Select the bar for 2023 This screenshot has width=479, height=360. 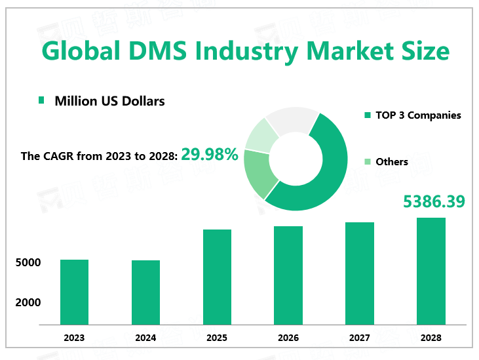[74, 292]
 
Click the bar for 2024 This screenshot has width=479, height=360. [145, 292]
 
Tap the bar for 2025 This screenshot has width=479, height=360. [217, 277]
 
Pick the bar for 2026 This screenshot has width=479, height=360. [288, 275]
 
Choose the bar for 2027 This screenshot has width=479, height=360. [360, 273]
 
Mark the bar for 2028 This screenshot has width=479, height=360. [431, 271]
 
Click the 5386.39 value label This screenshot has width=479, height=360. [434, 201]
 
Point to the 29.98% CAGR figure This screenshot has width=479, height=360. [210, 155]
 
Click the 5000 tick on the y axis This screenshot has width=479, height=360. [29, 263]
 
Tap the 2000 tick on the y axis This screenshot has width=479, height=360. [29, 302]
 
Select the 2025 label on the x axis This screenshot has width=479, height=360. [217, 338]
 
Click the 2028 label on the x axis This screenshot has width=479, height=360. [431, 338]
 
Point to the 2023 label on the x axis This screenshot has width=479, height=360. [74, 338]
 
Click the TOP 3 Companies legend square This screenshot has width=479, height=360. [368, 116]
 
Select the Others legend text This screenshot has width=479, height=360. [392, 162]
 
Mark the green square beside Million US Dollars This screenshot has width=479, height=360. [42, 100]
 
